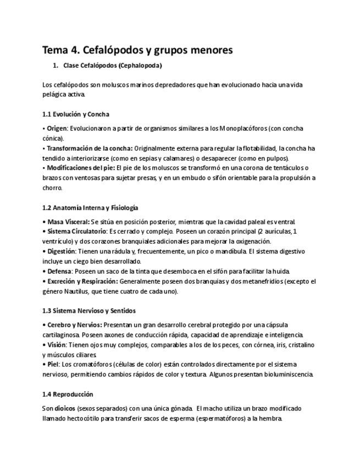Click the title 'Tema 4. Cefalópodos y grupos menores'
[137, 50]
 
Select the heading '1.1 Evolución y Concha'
[76, 114]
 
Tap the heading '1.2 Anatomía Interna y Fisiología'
[90, 208]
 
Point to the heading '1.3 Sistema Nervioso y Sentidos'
[89, 310]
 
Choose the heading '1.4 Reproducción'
[68, 394]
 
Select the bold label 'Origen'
[58, 129]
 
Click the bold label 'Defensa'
[59, 271]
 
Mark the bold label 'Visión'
[57, 345]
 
